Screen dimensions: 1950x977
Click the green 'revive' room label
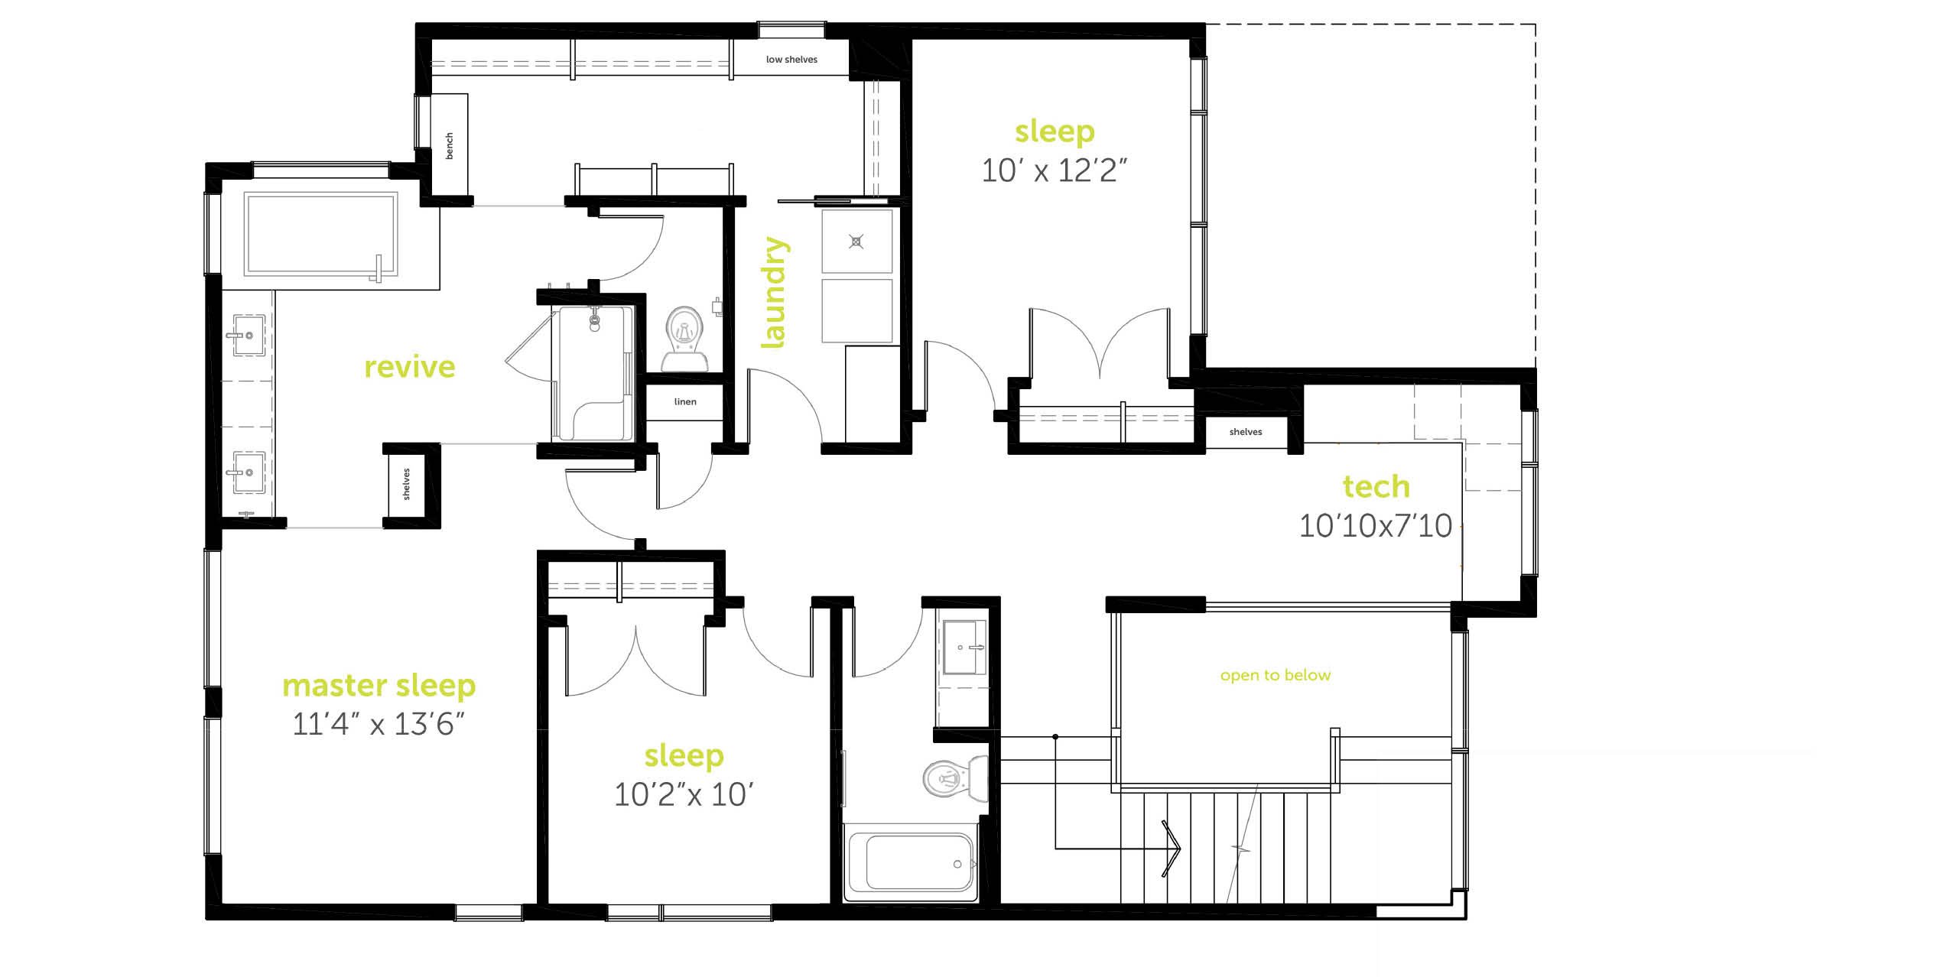(409, 368)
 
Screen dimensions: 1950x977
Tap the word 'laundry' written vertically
(774, 293)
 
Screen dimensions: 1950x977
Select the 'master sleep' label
(379, 686)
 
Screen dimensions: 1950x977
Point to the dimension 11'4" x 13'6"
(379, 724)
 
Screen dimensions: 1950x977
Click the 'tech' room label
(1376, 486)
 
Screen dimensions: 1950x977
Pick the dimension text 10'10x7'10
(1376, 526)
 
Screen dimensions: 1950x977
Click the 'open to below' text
(1276, 675)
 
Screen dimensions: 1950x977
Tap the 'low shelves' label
(791, 59)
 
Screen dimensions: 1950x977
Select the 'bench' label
(449, 146)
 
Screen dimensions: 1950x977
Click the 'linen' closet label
(685, 401)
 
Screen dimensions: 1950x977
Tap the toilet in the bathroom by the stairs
(955, 779)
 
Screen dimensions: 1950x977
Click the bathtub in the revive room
(321, 234)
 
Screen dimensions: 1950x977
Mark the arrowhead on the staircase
(1172, 848)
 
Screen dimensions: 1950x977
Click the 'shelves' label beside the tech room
(1246, 432)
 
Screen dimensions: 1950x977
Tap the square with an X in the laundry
(856, 242)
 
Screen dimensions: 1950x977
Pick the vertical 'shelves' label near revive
(406, 484)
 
